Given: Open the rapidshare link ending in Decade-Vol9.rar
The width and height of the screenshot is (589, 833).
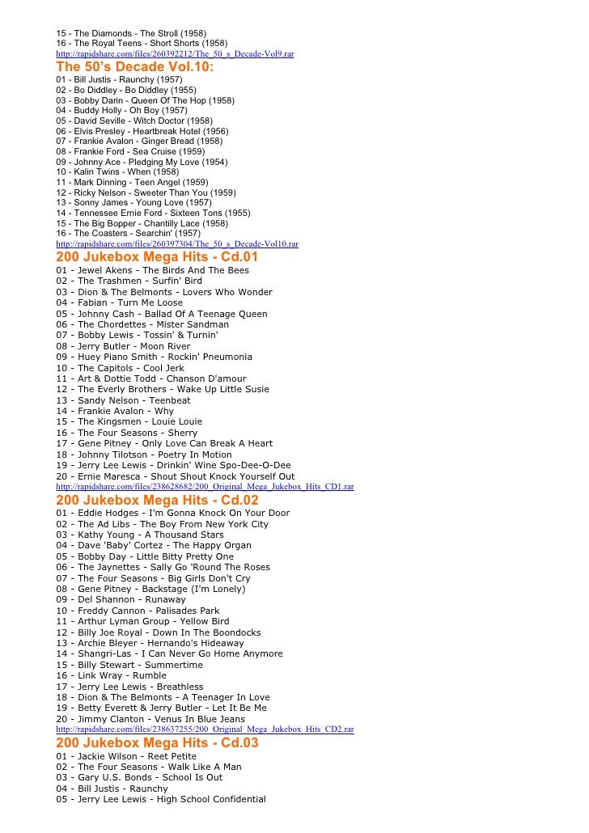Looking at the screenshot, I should pos(175,53).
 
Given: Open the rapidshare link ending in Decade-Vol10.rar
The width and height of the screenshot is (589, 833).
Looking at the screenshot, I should pos(177,243).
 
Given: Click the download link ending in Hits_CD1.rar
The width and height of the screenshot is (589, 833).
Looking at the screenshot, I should pos(205,487).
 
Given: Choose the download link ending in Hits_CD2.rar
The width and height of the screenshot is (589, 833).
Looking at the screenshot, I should pos(205,729).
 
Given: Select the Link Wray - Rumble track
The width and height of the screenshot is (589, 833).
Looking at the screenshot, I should pos(122,675).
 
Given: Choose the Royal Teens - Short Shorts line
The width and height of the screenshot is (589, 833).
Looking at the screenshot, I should pos(142,43).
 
